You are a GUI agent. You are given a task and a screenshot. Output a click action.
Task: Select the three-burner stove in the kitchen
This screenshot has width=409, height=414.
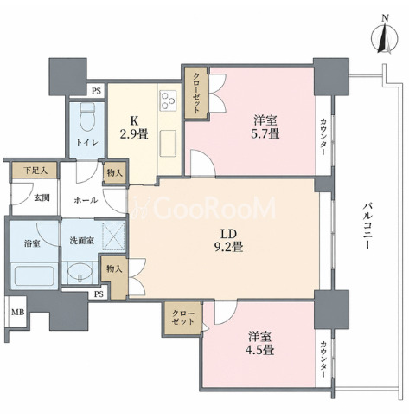[168, 100]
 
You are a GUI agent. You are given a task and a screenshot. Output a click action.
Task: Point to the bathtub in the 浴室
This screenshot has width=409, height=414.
[35, 275]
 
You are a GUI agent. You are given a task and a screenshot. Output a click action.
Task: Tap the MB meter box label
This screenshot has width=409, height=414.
[17, 312]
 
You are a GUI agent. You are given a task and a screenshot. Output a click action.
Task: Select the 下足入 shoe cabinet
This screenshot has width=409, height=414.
[35, 171]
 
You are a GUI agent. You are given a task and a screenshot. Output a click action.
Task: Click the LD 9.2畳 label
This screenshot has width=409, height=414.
[228, 240]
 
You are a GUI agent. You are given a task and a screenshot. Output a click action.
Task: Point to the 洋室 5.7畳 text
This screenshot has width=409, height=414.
[266, 127]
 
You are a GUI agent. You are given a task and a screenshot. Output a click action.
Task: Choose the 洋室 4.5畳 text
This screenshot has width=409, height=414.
[261, 343]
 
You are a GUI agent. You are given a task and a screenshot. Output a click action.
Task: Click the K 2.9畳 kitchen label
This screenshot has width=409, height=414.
[134, 127]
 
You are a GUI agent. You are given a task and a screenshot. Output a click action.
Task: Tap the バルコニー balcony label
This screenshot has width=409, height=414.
[367, 226]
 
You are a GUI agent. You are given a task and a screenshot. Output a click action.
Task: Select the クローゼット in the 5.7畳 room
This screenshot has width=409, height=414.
[196, 93]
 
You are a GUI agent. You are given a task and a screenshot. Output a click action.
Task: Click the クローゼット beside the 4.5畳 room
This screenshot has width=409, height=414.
[183, 318]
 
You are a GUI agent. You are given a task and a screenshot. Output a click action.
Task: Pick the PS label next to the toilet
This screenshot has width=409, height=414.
[97, 91]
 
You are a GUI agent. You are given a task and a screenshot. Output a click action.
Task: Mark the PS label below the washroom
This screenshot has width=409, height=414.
[99, 294]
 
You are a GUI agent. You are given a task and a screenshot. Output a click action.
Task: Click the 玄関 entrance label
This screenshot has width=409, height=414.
[42, 198]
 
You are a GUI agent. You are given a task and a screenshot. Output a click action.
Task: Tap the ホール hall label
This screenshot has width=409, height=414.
[86, 200]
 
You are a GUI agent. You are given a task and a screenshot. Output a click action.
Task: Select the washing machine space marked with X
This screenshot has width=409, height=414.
[114, 236]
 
